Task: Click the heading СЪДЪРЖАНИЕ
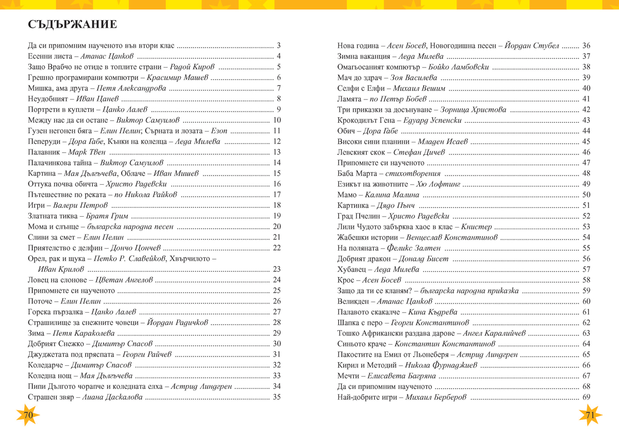72,25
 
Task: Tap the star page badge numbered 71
590,415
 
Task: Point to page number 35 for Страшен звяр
276,397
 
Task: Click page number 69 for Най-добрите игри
586,397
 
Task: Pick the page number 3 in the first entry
278,45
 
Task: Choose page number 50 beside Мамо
586,195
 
